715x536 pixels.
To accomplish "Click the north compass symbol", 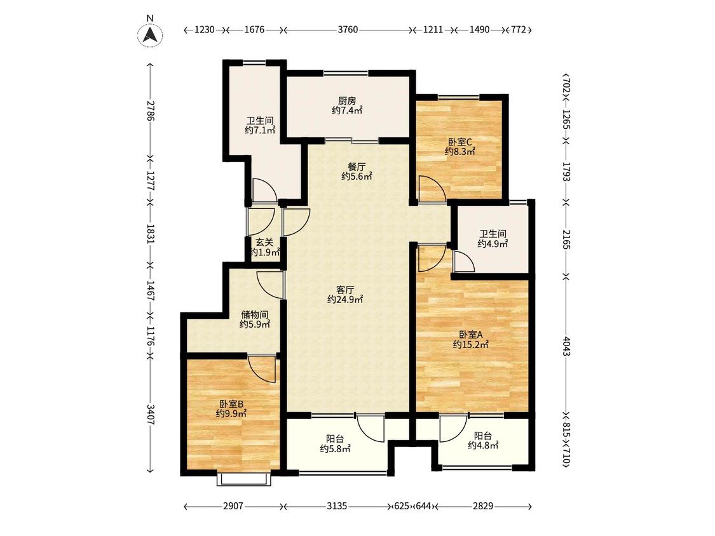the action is click(x=150, y=34).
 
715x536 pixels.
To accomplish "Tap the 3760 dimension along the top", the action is click(x=348, y=30).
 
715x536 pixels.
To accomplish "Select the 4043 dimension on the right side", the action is click(x=566, y=346).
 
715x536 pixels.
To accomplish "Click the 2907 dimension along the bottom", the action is click(x=233, y=506).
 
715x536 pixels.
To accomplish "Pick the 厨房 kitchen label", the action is click(x=346, y=101).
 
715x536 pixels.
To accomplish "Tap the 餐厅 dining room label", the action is click(x=356, y=167).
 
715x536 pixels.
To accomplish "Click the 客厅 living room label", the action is click(x=345, y=290).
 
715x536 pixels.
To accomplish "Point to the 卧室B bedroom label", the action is click(x=231, y=404).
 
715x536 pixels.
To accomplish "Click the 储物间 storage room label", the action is click(x=254, y=314).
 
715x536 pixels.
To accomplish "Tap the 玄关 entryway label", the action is click(x=264, y=243).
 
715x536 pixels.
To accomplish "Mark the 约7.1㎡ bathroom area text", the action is click(x=260, y=130).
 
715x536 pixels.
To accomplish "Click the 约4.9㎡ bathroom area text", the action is click(x=493, y=244).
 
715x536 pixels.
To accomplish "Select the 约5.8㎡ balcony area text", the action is click(x=335, y=449).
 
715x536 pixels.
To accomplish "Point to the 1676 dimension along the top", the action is click(x=254, y=30).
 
